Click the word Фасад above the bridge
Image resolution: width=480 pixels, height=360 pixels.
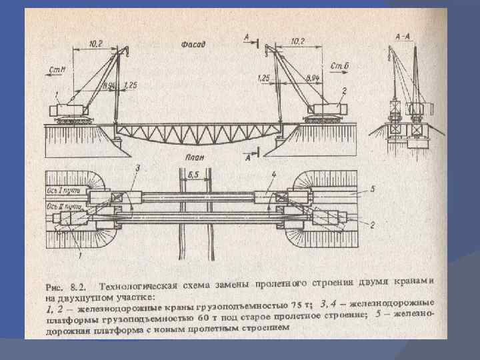tap(193, 45)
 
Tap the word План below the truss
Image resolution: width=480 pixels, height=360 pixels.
tap(194, 159)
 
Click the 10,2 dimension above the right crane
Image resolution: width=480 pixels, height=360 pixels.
tap(299, 41)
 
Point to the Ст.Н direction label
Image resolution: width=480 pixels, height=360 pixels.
tap(56, 69)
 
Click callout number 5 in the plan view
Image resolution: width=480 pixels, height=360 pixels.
tap(373, 189)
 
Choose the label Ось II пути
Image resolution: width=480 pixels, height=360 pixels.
tap(60, 207)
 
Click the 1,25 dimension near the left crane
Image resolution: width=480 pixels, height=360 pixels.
tap(131, 85)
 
